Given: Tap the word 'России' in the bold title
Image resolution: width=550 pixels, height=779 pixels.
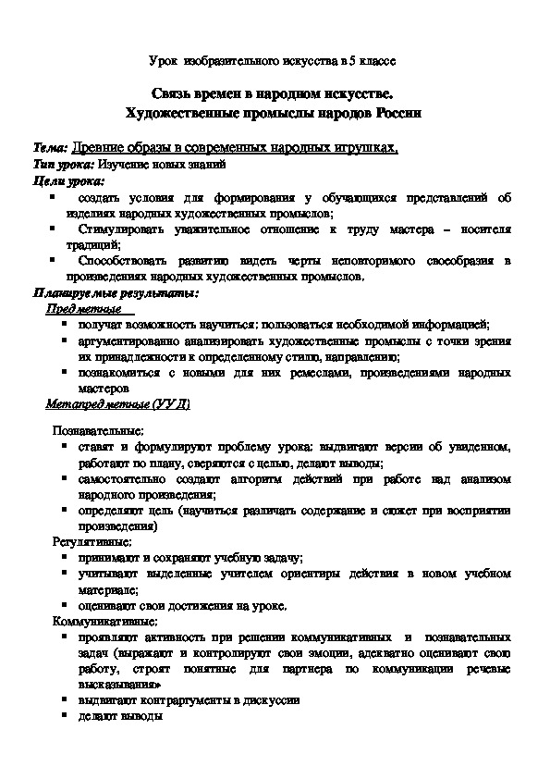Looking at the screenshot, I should [x=399, y=112].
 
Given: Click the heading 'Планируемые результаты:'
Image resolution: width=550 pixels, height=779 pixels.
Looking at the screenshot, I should [x=116, y=293].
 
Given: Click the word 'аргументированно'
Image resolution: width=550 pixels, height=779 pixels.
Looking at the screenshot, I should [x=129, y=340].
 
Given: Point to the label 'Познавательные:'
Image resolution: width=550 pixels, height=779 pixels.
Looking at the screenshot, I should [x=97, y=430].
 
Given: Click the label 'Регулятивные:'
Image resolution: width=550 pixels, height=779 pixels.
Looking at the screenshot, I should [x=92, y=542].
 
